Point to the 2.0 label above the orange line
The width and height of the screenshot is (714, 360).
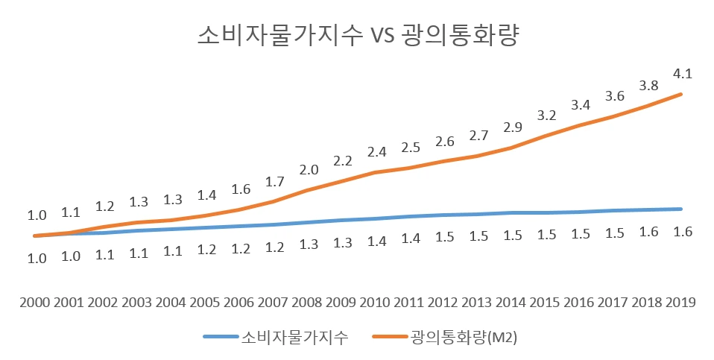[308, 169]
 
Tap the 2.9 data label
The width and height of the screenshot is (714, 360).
[512, 127]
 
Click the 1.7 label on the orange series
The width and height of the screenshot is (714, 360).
[274, 181]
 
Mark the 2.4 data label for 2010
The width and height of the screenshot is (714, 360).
[376, 152]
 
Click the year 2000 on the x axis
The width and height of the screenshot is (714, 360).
[35, 303]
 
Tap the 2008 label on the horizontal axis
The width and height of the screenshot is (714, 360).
[307, 303]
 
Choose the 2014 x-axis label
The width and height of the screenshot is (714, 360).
[511, 303]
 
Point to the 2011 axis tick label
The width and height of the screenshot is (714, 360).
[409, 303]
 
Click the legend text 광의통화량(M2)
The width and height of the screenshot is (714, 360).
[464, 338]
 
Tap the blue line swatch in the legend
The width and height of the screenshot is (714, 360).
[221, 338]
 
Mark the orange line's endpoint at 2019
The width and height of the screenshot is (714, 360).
[680, 94]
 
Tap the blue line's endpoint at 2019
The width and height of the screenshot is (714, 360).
[680, 209]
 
